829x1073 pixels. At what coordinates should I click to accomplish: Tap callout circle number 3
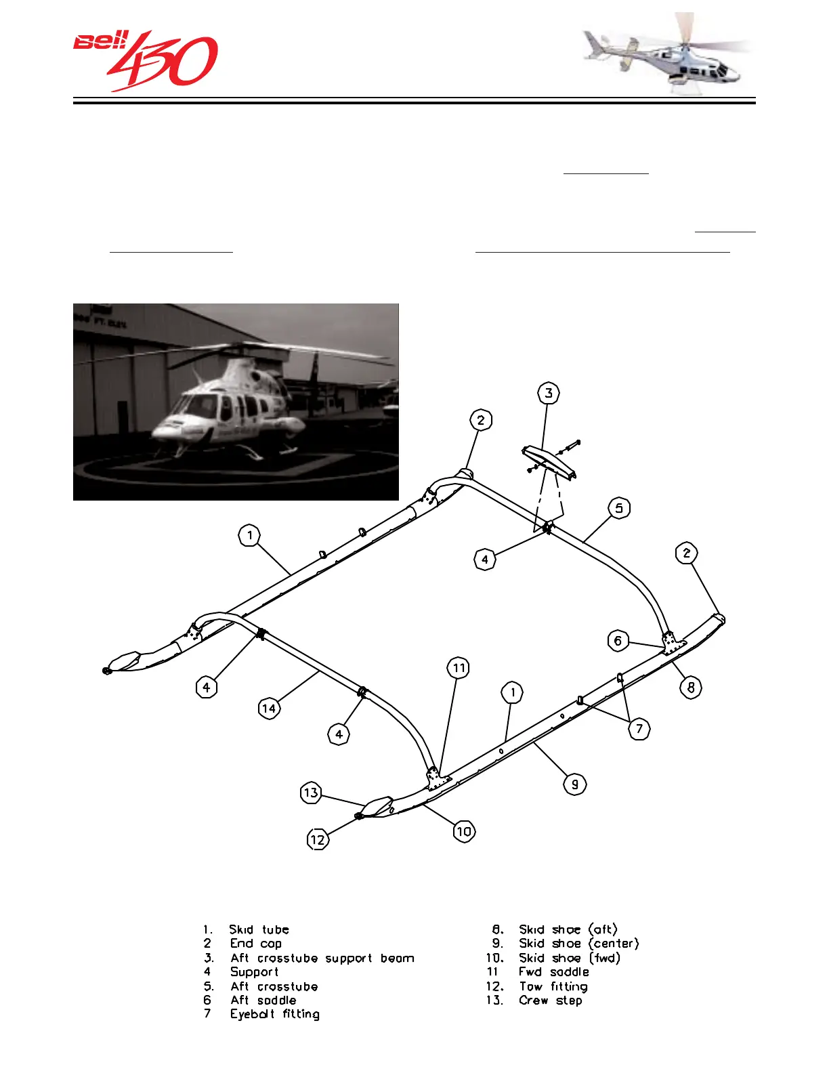(548, 394)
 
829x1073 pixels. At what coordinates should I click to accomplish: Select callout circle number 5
(619, 508)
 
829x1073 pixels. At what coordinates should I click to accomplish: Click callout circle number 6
(617, 641)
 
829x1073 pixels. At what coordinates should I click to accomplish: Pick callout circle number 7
(639, 729)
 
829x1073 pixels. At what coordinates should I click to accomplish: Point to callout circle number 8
(690, 688)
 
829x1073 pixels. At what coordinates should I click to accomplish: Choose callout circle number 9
(574, 784)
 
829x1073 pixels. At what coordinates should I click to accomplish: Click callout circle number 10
(463, 831)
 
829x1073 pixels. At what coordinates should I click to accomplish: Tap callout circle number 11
(459, 669)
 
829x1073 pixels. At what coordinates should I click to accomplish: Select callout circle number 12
(317, 840)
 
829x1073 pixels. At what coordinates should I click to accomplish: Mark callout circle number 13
(310, 793)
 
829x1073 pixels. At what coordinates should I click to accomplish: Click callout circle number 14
(269, 709)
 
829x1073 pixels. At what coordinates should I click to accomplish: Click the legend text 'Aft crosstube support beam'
(322, 959)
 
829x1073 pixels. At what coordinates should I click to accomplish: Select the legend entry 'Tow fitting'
(553, 987)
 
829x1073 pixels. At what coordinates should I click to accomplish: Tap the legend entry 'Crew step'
(550, 1001)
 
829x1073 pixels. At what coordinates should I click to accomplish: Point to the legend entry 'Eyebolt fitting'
(274, 1014)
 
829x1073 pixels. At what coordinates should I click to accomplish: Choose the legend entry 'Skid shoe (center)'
(578, 944)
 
